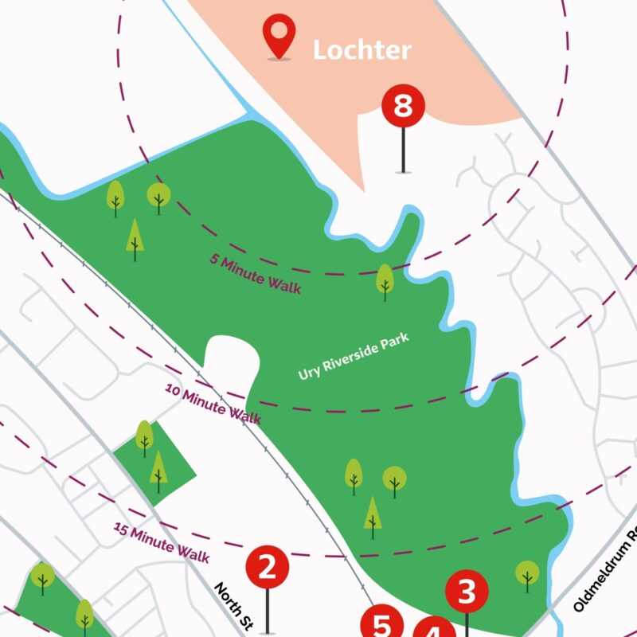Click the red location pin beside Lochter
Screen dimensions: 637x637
[279, 36]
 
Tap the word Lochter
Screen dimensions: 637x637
[362, 50]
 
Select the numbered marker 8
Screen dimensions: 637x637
[403, 107]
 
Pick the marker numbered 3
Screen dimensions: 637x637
[467, 592]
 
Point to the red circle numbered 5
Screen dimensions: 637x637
[383, 625]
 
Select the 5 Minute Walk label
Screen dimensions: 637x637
[256, 273]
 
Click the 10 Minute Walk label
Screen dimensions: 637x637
[213, 403]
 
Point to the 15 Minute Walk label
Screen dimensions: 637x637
[162, 541]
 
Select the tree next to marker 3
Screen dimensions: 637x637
[526, 574]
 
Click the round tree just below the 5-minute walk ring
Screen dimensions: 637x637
[385, 281]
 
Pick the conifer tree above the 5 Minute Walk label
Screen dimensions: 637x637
[135, 238]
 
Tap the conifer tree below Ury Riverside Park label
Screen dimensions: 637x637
[372, 515]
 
